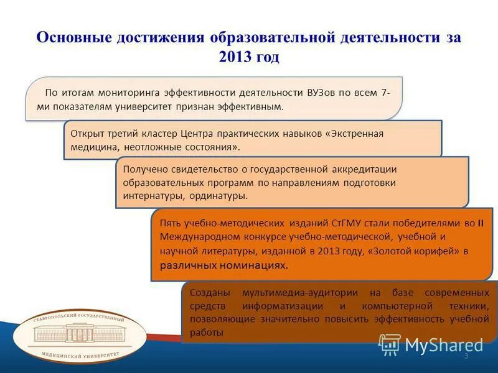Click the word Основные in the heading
tap(75, 37)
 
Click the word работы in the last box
tap(207, 333)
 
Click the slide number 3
tap(466, 356)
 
